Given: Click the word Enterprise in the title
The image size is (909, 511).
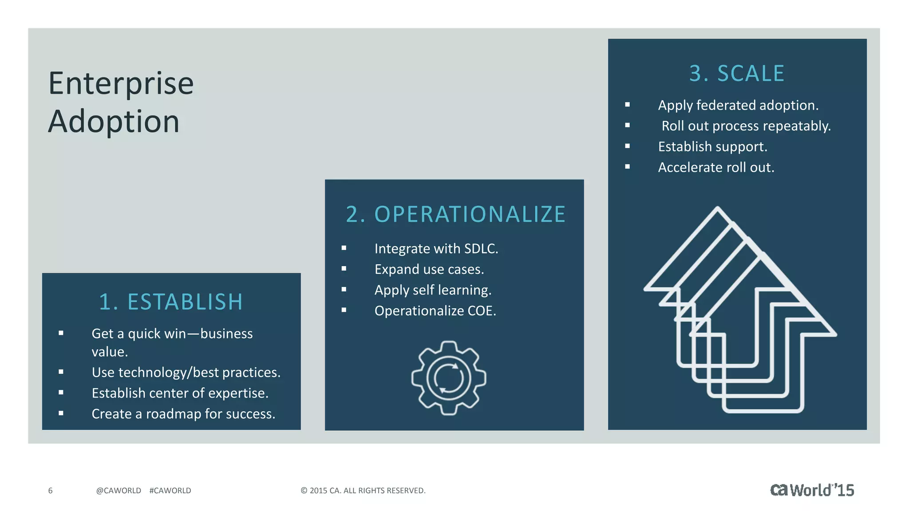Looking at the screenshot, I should click(x=121, y=84).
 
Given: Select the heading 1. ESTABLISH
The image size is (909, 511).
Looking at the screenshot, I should click(x=171, y=302).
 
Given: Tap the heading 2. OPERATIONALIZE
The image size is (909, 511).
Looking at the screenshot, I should click(x=455, y=215).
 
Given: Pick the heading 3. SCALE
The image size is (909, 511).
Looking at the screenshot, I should click(x=737, y=74).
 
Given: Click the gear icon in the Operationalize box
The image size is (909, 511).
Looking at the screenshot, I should click(x=449, y=378).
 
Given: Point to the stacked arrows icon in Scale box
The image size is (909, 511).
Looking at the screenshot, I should click(x=739, y=311).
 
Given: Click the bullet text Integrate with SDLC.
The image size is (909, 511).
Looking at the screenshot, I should click(x=436, y=249).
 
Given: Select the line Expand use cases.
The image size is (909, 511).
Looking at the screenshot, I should click(x=429, y=270).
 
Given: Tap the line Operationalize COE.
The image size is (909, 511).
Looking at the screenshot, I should click(x=435, y=311).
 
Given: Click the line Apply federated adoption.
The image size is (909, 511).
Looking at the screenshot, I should click(x=738, y=106).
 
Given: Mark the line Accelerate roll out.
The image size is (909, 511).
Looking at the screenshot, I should click(x=715, y=168).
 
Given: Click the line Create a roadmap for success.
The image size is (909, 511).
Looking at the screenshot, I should click(x=183, y=414).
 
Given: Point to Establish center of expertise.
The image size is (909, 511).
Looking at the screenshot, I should click(x=180, y=393).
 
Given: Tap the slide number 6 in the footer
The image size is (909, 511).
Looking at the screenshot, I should click(x=50, y=491).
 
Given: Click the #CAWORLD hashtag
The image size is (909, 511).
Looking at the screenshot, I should click(x=170, y=491).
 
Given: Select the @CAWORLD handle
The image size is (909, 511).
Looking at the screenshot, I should click(x=119, y=491).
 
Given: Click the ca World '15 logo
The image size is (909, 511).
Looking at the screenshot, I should click(x=812, y=490).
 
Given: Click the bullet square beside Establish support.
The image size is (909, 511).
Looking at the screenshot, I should click(x=627, y=146).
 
